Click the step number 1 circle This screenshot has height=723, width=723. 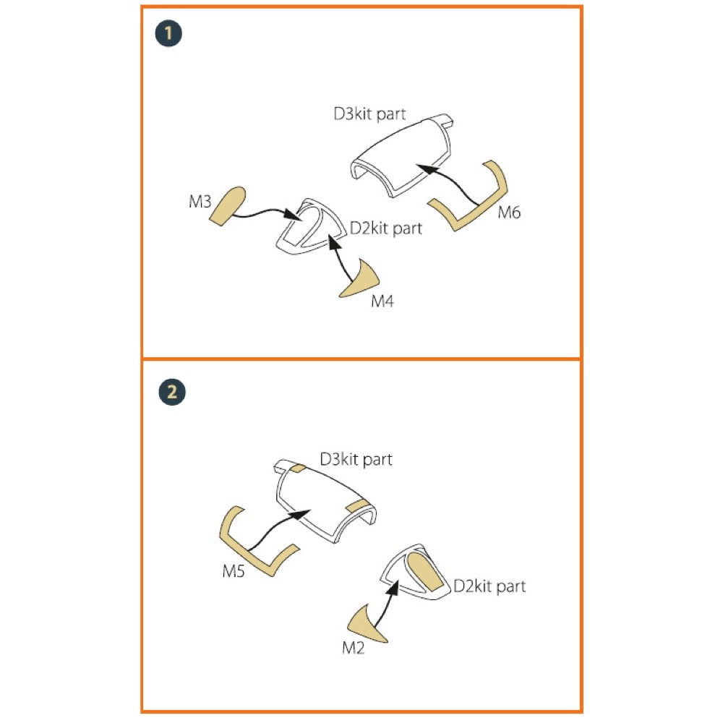pyautogui.click(x=168, y=33)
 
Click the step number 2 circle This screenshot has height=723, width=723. pyautogui.click(x=172, y=392)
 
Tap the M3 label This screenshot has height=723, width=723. pyautogui.click(x=200, y=202)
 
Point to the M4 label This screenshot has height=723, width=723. pyautogui.click(x=382, y=301)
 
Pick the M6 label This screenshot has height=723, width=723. pyautogui.click(x=509, y=212)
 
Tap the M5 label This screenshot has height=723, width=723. pyautogui.click(x=234, y=571)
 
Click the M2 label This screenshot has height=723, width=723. pyautogui.click(x=354, y=648)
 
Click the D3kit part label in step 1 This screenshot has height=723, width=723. pyautogui.click(x=369, y=114)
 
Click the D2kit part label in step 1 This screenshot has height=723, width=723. pyautogui.click(x=386, y=228)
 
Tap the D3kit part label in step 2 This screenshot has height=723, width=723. pyautogui.click(x=356, y=459)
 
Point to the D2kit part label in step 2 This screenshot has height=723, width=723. pyautogui.click(x=489, y=586)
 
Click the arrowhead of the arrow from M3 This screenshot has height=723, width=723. pyautogui.click(x=292, y=215)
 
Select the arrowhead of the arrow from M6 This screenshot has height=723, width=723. pyautogui.click(x=425, y=168)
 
